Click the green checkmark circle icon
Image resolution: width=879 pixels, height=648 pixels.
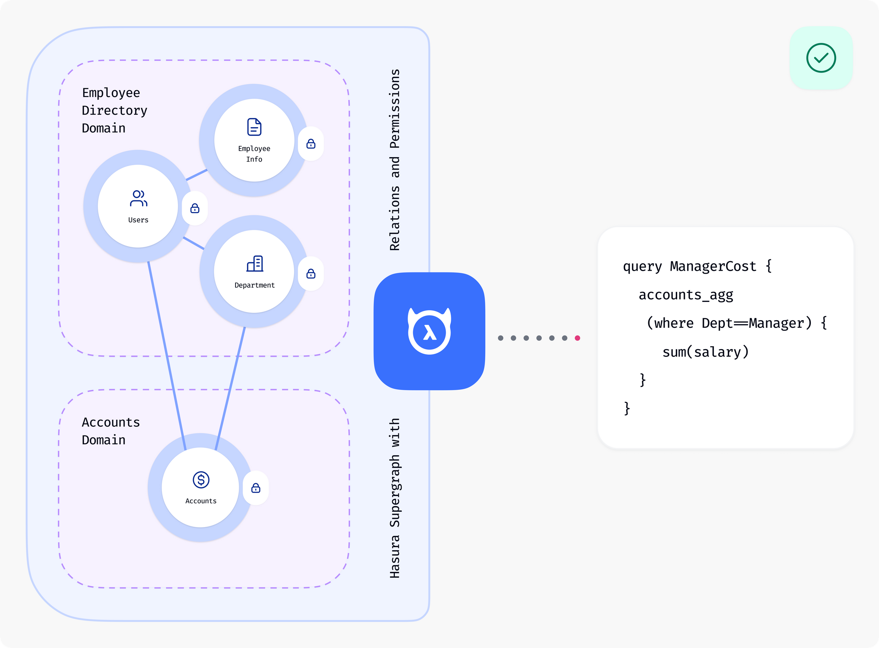click(x=821, y=58)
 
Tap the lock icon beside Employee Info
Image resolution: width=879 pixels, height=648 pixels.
click(x=311, y=144)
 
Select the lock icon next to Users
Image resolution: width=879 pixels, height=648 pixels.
click(x=194, y=208)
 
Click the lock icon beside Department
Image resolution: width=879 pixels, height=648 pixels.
click(x=311, y=274)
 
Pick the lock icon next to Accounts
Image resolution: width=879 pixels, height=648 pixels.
click(x=256, y=488)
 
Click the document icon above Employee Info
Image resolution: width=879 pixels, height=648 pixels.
click(x=254, y=127)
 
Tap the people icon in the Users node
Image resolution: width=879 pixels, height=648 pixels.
click(x=138, y=199)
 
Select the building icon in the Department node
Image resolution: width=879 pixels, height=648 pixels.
click(x=255, y=264)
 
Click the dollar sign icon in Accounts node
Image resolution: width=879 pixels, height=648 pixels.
click(x=201, y=479)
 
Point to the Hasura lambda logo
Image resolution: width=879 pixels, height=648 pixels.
click(x=430, y=332)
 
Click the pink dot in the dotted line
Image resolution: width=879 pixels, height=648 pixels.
click(x=577, y=338)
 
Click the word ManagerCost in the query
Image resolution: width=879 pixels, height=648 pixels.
click(x=713, y=266)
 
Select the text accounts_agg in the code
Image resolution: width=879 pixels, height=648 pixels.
click(x=686, y=295)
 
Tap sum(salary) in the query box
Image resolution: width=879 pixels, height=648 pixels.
click(x=705, y=352)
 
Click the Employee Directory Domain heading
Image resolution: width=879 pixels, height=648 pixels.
click(x=114, y=110)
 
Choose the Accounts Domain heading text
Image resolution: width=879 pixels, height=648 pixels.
click(x=111, y=431)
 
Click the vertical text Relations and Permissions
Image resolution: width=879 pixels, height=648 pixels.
click(x=394, y=160)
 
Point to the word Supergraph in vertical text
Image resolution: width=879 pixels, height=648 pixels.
click(x=394, y=491)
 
